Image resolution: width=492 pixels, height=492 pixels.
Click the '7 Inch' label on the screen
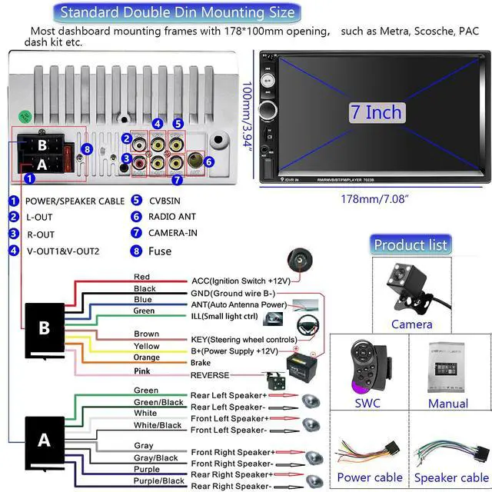[x=376, y=112]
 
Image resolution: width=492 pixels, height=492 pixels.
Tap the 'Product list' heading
[x=410, y=245]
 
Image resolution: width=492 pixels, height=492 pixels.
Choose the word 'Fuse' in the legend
[x=161, y=251]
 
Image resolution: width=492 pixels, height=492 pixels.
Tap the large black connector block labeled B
[x=45, y=327]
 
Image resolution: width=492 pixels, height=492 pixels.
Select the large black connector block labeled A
[x=45, y=440]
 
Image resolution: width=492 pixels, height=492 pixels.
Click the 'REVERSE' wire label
[x=210, y=375]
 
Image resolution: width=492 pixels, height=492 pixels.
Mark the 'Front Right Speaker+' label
[x=232, y=452]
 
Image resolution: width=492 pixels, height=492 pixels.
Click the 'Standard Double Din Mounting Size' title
[x=177, y=12]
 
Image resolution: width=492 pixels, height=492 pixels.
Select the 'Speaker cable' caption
[x=451, y=477]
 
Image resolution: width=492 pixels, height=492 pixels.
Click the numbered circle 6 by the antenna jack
[x=208, y=161]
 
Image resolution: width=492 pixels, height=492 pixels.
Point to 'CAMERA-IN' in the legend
[x=175, y=233]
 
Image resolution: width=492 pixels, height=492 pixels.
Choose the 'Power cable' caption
[x=370, y=477]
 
